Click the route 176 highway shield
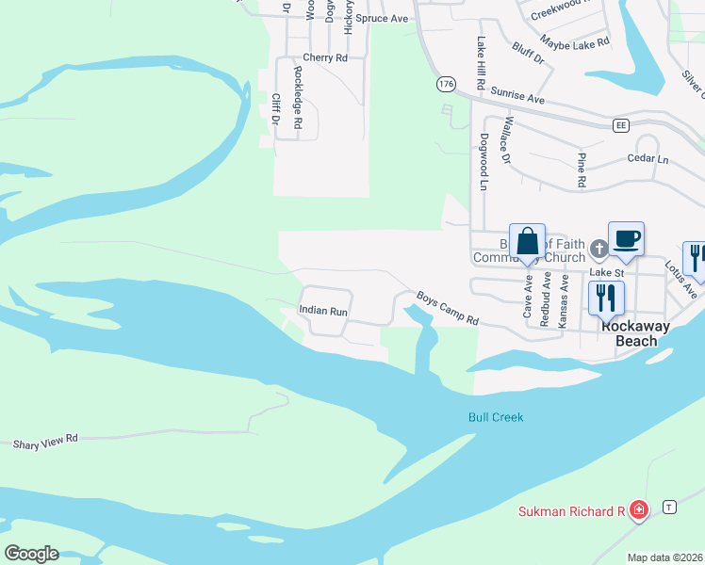[x=446, y=85]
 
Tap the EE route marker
[x=620, y=124]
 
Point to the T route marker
[x=669, y=506]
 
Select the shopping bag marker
[x=528, y=241]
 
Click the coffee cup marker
[x=626, y=239]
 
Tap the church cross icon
[x=598, y=250]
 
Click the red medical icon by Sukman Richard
[x=639, y=511]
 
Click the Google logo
[x=31, y=553]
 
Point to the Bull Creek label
[x=495, y=417]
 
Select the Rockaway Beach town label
[x=637, y=333]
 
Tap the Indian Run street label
[x=323, y=310]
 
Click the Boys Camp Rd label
[x=448, y=308]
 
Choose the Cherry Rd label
[x=325, y=57]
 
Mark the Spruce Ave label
[x=388, y=18]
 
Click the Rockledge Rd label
[x=298, y=97]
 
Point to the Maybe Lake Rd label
[x=575, y=41]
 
